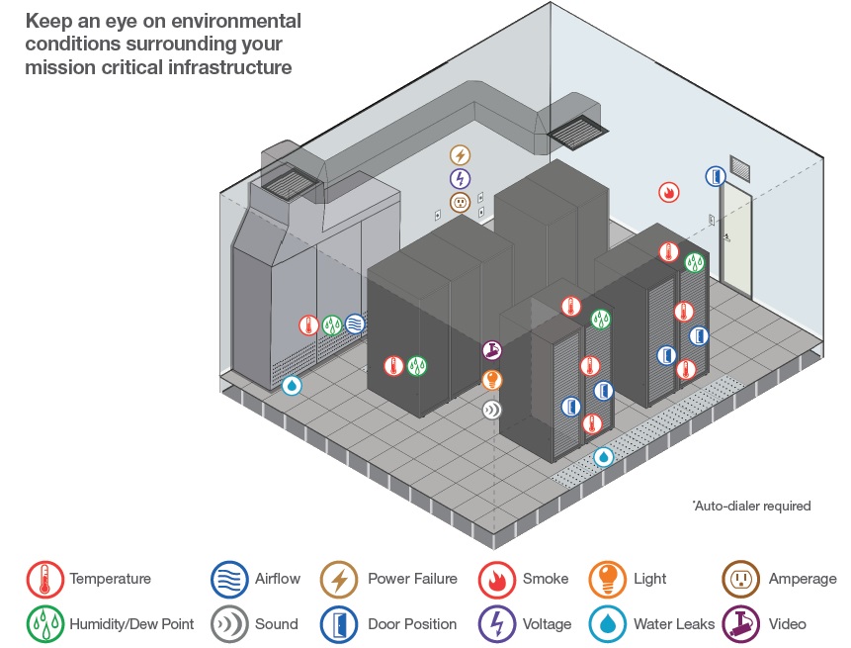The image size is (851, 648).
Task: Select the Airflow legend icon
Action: pyautogui.click(x=229, y=579)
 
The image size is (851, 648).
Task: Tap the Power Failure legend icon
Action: pyautogui.click(x=339, y=579)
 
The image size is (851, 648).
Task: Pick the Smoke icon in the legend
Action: pyautogui.click(x=496, y=579)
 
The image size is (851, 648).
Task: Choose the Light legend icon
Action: pyautogui.click(x=607, y=579)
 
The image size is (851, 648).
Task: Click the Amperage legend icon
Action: pyautogui.click(x=742, y=579)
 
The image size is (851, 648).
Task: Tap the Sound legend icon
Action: pyautogui.click(x=229, y=623)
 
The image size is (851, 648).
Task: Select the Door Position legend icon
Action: pyautogui.click(x=339, y=623)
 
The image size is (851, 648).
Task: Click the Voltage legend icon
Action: pyautogui.click(x=496, y=623)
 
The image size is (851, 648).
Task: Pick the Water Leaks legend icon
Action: pyautogui.click(x=607, y=623)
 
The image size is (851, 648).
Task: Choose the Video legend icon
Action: pyautogui.click(x=742, y=623)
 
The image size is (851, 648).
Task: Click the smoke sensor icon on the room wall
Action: pyautogui.click(x=669, y=192)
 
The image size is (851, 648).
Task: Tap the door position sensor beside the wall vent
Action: pyautogui.click(x=715, y=176)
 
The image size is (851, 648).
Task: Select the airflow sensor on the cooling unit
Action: pyautogui.click(x=355, y=324)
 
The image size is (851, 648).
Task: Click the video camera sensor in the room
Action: pyautogui.click(x=491, y=350)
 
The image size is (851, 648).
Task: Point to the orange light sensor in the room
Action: pyautogui.click(x=491, y=380)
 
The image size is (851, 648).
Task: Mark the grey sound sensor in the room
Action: pyautogui.click(x=491, y=409)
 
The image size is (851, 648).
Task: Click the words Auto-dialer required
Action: pyautogui.click(x=752, y=506)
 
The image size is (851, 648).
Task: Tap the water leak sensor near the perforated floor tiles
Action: pyautogui.click(x=603, y=457)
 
